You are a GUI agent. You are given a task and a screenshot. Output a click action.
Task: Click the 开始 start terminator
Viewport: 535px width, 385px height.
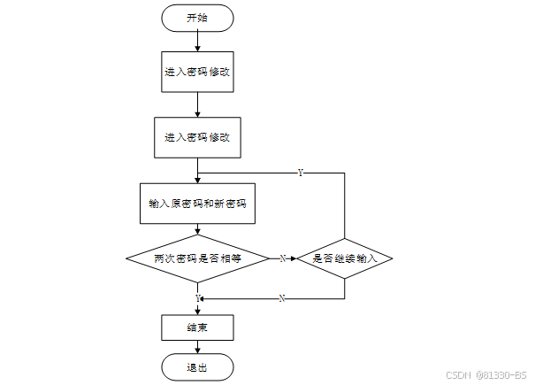(x=197, y=18)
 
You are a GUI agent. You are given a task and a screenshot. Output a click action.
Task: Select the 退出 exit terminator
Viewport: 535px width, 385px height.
(x=197, y=367)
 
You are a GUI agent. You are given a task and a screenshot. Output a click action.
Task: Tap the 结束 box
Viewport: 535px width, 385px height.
(x=197, y=327)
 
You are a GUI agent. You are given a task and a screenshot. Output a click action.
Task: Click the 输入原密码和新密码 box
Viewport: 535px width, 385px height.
(x=197, y=204)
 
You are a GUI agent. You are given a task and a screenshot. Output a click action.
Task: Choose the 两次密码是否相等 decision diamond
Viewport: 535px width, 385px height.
(x=197, y=258)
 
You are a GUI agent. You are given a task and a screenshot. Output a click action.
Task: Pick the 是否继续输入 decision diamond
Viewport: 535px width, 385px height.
(x=345, y=258)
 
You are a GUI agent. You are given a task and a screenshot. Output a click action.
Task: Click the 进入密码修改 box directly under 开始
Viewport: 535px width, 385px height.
(x=197, y=72)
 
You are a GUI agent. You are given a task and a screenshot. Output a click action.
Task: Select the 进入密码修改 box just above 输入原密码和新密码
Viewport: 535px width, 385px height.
(x=197, y=138)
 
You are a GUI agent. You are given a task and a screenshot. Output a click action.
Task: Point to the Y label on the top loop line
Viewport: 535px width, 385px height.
(x=301, y=173)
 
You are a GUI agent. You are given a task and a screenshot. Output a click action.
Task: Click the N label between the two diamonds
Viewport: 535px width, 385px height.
(x=282, y=258)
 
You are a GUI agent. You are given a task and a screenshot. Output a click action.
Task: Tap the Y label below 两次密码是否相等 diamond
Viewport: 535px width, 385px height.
(x=198, y=298)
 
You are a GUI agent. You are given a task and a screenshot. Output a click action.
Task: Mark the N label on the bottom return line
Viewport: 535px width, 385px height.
(x=282, y=298)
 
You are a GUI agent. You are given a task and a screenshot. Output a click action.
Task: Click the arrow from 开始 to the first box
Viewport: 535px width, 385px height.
(x=197, y=42)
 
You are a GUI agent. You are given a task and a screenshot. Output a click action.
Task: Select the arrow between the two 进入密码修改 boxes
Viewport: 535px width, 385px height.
(x=197, y=104)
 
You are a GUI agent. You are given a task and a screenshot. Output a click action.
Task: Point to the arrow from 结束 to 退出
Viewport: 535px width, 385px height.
(x=197, y=347)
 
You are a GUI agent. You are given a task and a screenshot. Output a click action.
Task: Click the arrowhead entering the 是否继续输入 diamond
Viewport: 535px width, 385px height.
(x=294, y=258)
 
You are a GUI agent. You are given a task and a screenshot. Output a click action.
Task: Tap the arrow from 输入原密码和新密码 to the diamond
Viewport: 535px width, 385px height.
(x=197, y=229)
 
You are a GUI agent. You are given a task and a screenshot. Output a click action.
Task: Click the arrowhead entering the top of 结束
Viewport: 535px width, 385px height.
(x=197, y=312)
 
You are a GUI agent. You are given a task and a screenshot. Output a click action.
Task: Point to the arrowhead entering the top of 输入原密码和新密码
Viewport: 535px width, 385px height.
(x=197, y=180)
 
